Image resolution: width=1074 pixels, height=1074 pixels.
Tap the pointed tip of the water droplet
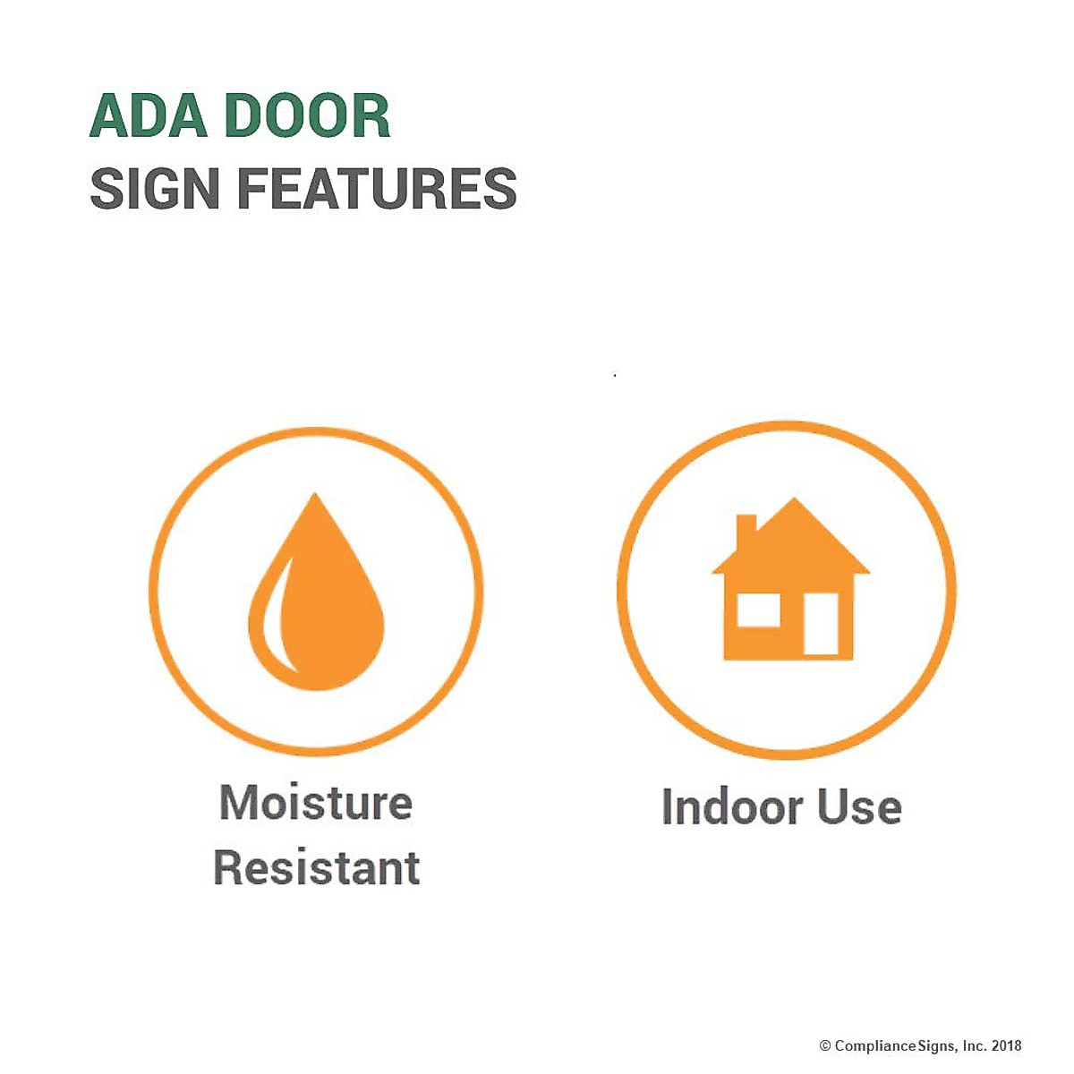click(314, 498)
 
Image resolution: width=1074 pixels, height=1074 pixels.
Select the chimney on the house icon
click(746, 532)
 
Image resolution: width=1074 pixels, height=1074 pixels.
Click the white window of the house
click(757, 610)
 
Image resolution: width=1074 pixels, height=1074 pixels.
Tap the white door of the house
click(821, 624)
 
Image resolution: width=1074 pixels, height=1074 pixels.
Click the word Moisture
click(316, 802)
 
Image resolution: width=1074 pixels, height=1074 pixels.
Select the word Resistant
click(317, 868)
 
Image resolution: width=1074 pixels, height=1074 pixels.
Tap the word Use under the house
click(859, 807)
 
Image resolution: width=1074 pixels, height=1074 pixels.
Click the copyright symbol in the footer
click(824, 1045)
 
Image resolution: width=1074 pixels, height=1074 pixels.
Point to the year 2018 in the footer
click(1006, 1045)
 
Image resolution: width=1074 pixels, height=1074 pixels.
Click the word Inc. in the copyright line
click(974, 1045)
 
